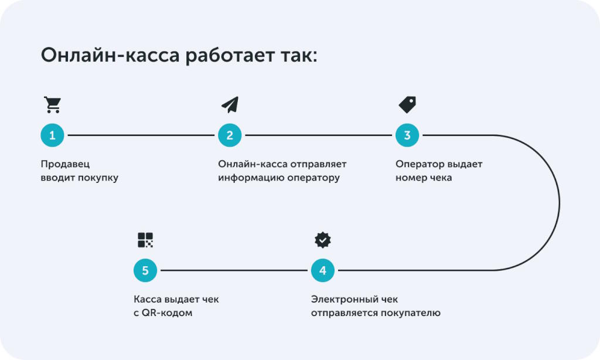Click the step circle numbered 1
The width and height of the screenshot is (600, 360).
tap(52, 135)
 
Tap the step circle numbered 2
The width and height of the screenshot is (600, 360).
tap(230, 135)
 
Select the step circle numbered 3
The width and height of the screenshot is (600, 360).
tap(407, 135)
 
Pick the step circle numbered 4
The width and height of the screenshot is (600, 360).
tap(323, 270)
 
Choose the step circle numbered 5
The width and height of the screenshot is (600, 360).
tap(145, 270)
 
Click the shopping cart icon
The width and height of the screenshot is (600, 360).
tap(52, 104)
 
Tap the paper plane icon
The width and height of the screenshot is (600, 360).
tap(230, 104)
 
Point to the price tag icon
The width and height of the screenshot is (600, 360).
tap(408, 104)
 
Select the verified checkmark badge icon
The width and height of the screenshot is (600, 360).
tap(323, 240)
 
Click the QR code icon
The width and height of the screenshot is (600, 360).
tap(145, 240)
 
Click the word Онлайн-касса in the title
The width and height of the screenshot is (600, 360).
tap(110, 55)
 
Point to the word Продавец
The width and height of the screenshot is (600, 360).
tap(65, 164)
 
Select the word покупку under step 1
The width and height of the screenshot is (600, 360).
tap(98, 178)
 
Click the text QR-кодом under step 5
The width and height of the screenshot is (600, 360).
tap(167, 313)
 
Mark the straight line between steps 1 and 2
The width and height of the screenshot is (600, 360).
tap(141, 135)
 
